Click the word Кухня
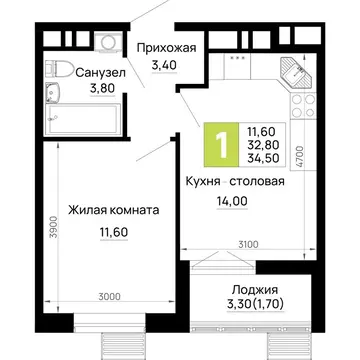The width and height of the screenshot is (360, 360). (203, 182)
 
